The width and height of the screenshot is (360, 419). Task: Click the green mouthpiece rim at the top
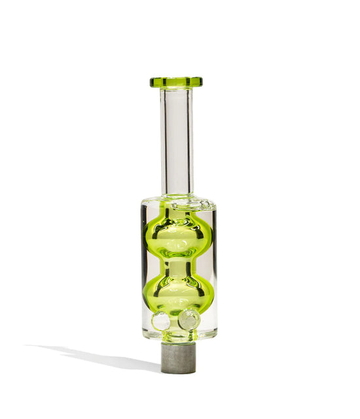(176, 82)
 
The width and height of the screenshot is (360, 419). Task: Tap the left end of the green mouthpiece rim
(152, 82)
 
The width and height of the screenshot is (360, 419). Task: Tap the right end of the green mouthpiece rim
(201, 82)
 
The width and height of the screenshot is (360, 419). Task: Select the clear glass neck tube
(177, 141)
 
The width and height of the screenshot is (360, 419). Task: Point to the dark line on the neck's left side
(162, 141)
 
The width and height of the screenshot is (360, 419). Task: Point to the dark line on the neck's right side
(192, 141)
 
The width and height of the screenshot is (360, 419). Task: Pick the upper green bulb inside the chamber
(177, 236)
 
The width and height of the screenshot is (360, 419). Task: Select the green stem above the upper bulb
(177, 211)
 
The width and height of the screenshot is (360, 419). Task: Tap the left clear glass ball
(161, 321)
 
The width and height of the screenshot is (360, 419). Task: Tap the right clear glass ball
(189, 319)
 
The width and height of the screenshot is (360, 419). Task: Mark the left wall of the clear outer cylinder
(143, 268)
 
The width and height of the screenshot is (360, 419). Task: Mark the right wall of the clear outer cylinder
(214, 268)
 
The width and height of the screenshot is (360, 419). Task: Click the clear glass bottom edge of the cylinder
(178, 337)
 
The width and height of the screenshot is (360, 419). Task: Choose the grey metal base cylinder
(178, 357)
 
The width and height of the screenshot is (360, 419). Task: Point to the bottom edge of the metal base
(178, 372)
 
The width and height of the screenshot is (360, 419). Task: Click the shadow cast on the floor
(98, 357)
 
